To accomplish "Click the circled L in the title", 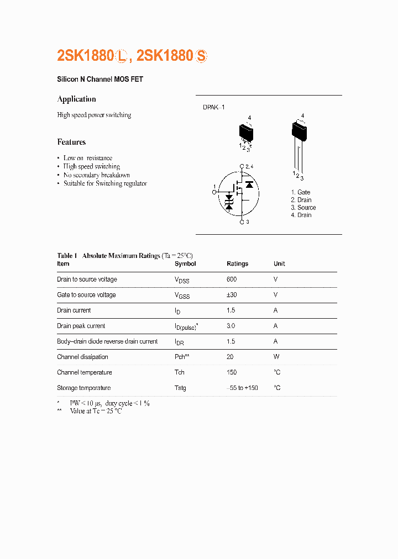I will pos(122,56).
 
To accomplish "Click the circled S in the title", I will pos(202,56).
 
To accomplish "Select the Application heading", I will pos(76,99).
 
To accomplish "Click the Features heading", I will pos(71,142).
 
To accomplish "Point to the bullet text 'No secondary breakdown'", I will pos(96,175).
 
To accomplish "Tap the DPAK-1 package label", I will pos(214,107).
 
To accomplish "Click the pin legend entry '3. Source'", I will pos(303,208).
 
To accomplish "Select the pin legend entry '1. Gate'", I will pos(301,192).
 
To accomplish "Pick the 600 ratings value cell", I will pos(232,279).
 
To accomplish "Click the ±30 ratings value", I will pos(232,295).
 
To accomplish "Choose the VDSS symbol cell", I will pos(182,280).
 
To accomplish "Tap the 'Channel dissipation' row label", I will pos(82,357).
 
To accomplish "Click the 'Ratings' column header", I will pos(237,264).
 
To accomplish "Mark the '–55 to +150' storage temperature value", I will pos(242,388).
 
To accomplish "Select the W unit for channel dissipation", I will pos(276,357).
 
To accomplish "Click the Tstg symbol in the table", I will pos(180,388).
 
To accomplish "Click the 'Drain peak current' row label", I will pos(81,326).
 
